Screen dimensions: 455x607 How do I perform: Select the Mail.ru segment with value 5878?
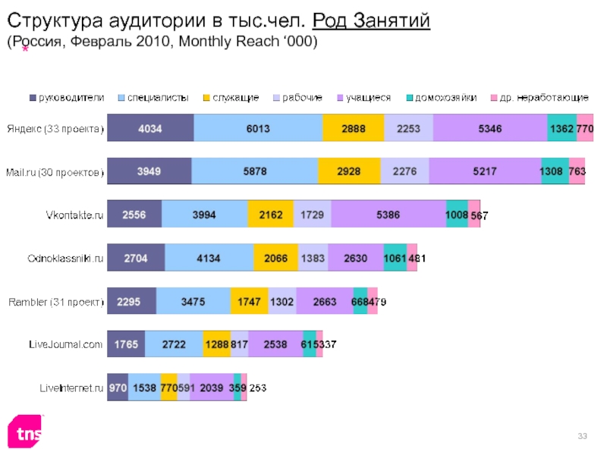click(x=254, y=171)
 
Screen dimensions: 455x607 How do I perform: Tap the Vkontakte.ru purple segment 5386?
click(x=388, y=215)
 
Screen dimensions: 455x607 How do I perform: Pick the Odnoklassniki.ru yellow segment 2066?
click(x=275, y=258)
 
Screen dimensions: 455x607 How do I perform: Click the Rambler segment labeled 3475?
click(x=193, y=301)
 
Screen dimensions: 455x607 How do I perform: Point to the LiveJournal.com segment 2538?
click(x=275, y=344)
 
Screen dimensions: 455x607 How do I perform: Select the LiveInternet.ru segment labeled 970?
click(x=118, y=388)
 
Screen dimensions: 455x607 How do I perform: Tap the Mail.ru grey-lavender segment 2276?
click(x=404, y=171)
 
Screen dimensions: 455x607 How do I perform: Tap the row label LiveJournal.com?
click(x=65, y=345)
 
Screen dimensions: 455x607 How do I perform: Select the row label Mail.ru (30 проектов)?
click(x=55, y=172)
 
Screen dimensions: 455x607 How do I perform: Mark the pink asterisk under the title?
click(x=26, y=50)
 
